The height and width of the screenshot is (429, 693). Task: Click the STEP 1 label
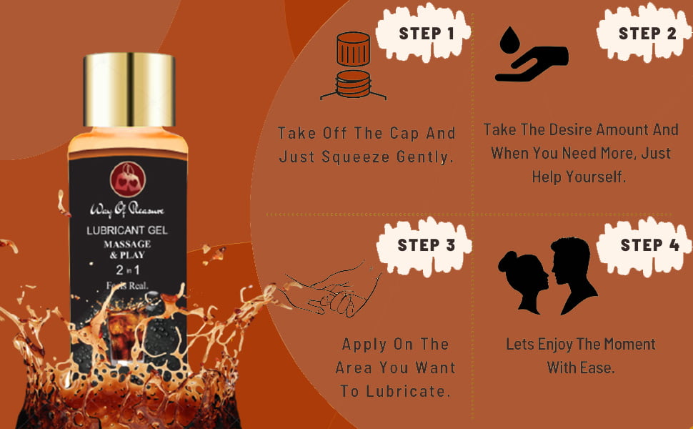(426, 34)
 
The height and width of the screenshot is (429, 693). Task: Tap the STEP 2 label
(647, 34)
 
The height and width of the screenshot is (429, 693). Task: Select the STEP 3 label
(426, 245)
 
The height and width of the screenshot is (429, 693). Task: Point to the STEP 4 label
(649, 245)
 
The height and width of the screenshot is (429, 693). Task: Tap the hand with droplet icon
(532, 58)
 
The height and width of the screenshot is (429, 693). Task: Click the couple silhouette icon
(548, 276)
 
